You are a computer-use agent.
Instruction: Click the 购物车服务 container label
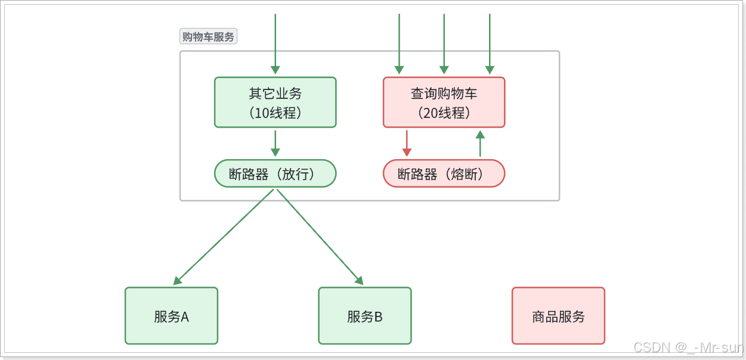pyautogui.click(x=208, y=37)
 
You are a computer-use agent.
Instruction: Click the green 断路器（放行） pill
pyautogui.click(x=275, y=173)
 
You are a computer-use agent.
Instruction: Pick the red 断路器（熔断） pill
pyautogui.click(x=444, y=173)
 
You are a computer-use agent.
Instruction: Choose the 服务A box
pyautogui.click(x=171, y=316)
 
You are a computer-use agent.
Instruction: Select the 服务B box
pyautogui.click(x=364, y=316)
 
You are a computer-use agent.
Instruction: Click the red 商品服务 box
pyautogui.click(x=558, y=316)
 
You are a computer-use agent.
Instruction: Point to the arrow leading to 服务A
pyautogui.click(x=224, y=237)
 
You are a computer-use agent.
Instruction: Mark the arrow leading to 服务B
pyautogui.click(x=320, y=237)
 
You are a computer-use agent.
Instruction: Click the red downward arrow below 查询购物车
pyautogui.click(x=407, y=144)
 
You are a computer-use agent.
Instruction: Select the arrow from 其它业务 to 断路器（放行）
pyautogui.click(x=275, y=144)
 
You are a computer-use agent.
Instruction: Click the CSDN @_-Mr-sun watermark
pyautogui.click(x=688, y=347)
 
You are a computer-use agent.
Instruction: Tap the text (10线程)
pyautogui.click(x=275, y=113)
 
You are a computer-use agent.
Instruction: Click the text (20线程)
pyautogui.click(x=444, y=113)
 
